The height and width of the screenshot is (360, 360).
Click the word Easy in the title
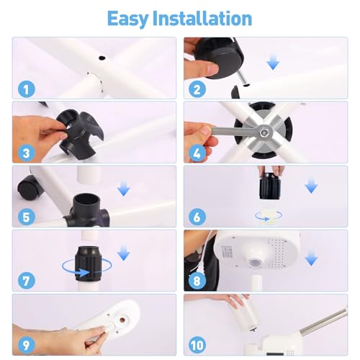tap(132, 18)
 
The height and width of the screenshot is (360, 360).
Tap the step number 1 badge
tap(25, 90)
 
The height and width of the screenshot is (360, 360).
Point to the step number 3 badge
tap(25, 153)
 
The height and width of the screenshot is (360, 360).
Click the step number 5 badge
tap(25, 217)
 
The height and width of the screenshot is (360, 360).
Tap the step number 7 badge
tap(25, 280)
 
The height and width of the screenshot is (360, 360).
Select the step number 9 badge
tap(25, 343)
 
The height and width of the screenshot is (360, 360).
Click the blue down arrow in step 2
tap(272, 63)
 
